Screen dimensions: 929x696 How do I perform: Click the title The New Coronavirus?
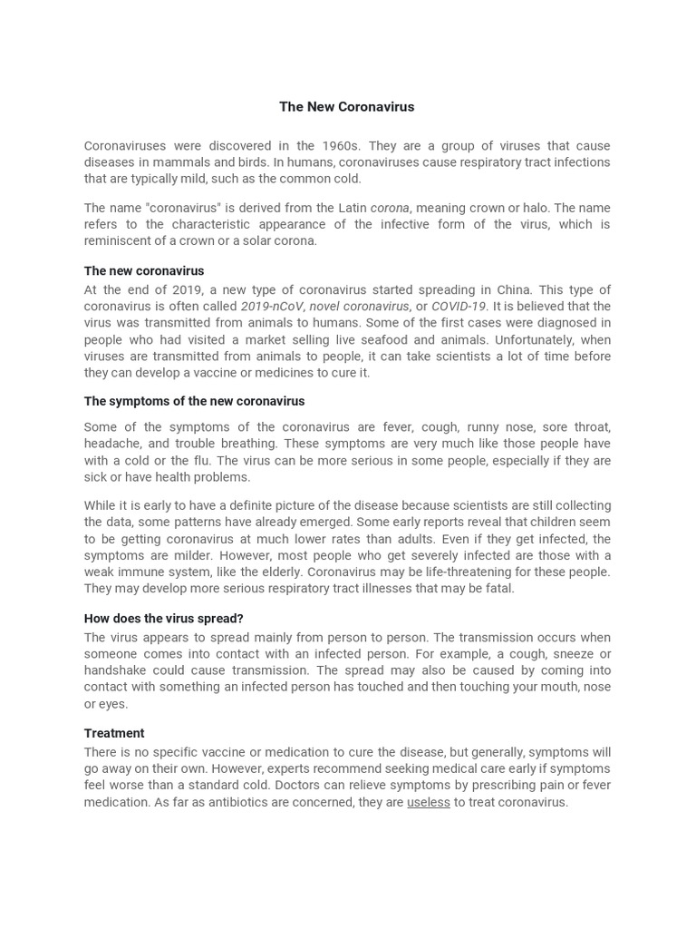[x=346, y=107]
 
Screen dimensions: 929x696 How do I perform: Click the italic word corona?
[x=390, y=208]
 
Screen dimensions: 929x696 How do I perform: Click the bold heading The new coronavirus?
[x=144, y=270]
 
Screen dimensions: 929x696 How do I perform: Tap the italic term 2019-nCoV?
[x=272, y=307]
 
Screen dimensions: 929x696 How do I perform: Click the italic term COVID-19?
[x=459, y=307]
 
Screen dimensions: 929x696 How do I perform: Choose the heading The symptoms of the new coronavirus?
[x=194, y=401]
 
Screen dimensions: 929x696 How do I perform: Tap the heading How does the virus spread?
[x=164, y=618]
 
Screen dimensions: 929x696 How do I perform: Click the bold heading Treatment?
[x=114, y=733]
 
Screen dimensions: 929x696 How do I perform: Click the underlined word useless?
[x=429, y=802]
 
